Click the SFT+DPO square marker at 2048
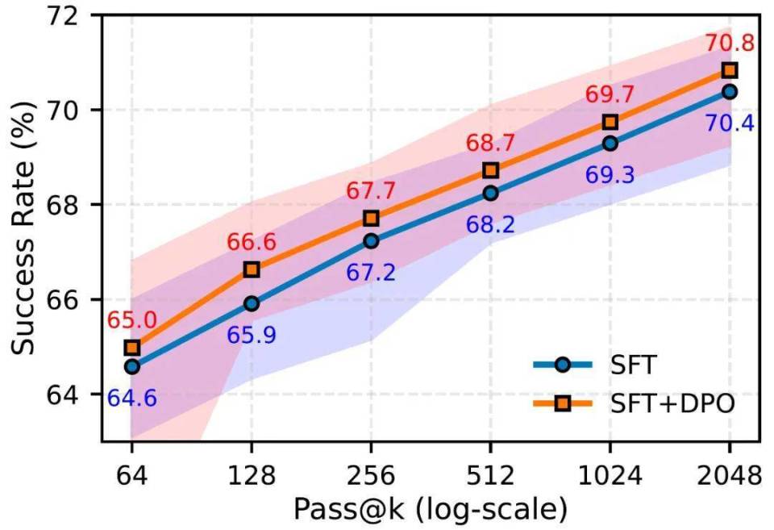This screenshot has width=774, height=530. pyautogui.click(x=729, y=71)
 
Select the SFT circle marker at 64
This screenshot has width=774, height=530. pyautogui.click(x=132, y=367)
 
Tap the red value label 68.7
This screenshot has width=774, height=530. pyautogui.click(x=490, y=143)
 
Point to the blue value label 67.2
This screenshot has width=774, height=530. pyautogui.click(x=371, y=273)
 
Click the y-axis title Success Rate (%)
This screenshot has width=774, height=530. pyautogui.click(x=24, y=227)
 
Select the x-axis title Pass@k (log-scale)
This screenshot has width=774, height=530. pyautogui.click(x=430, y=510)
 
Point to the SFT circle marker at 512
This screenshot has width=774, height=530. pyautogui.click(x=490, y=194)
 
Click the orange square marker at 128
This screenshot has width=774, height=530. pyautogui.click(x=252, y=269)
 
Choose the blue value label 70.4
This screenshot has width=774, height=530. pyautogui.click(x=729, y=123)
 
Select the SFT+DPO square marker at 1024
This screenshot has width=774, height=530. pyautogui.click(x=610, y=122)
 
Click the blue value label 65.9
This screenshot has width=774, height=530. pyautogui.click(x=252, y=335)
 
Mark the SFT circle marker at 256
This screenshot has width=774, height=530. pyautogui.click(x=371, y=240)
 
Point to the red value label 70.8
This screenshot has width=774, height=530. pyautogui.click(x=729, y=42)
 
